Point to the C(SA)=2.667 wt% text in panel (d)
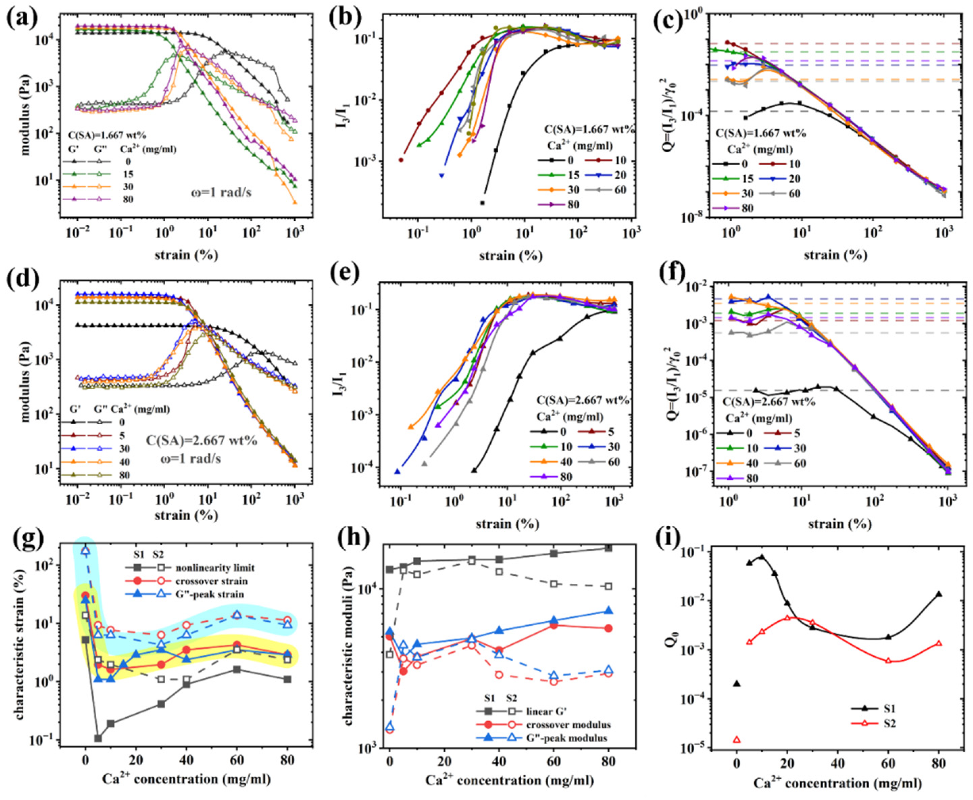point(201,441)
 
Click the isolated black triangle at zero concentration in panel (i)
point(737,696)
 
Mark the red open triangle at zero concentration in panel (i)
point(737,753)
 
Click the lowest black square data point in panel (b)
point(482,203)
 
